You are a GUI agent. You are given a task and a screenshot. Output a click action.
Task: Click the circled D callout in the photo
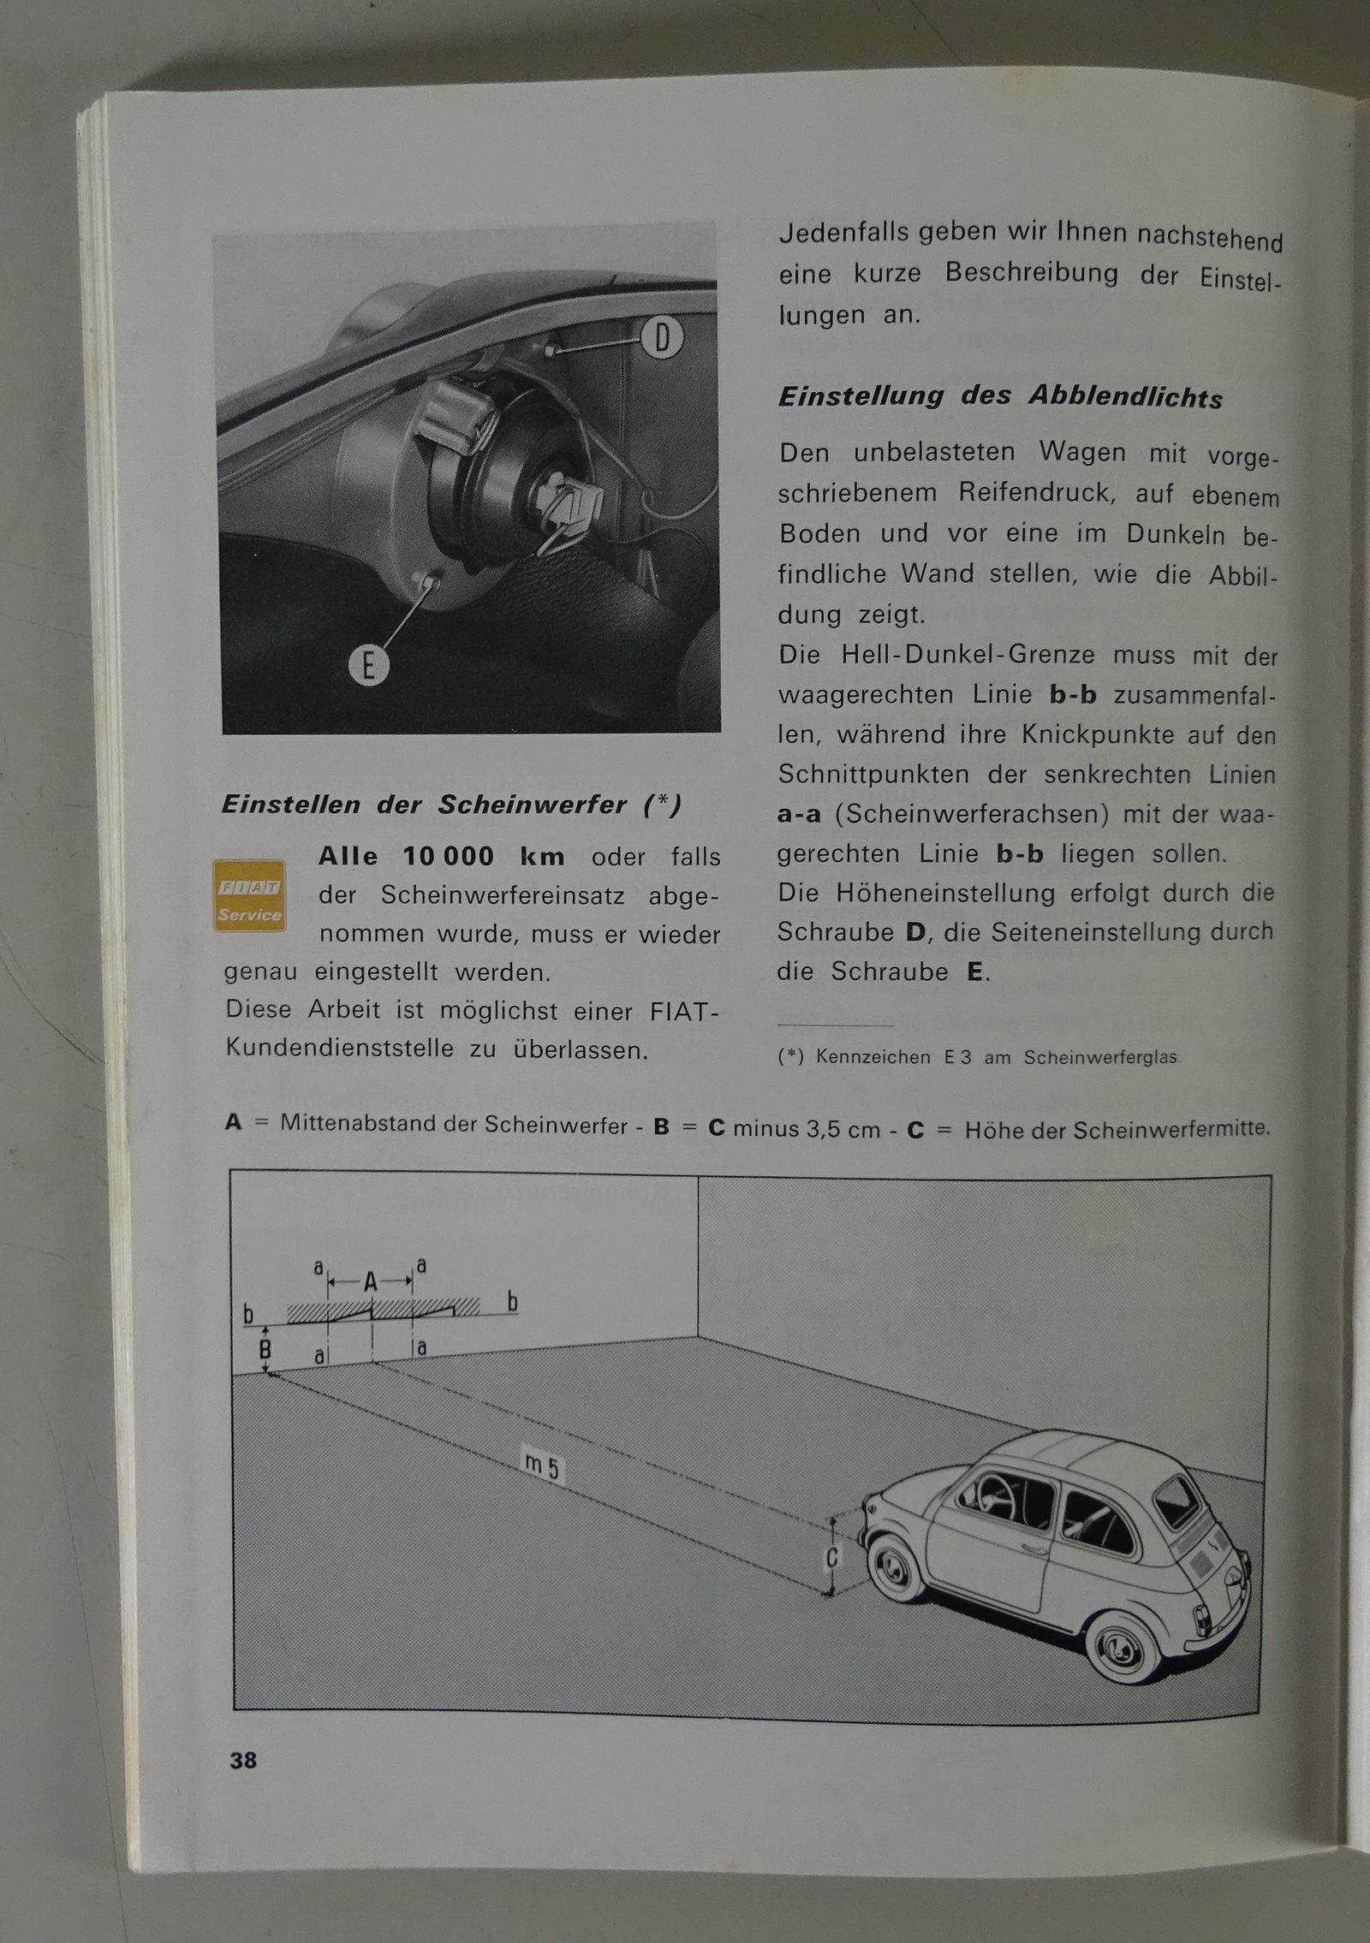tap(662, 338)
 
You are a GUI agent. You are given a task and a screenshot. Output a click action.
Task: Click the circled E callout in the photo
tap(369, 664)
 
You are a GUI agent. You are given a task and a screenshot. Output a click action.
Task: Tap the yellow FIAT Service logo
tap(249, 895)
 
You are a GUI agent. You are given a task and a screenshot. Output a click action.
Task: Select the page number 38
tap(243, 1760)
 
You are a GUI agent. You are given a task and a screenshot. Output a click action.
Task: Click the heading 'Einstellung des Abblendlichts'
tap(1000, 396)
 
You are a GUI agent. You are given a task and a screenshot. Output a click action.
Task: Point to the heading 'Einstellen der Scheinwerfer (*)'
tap(451, 805)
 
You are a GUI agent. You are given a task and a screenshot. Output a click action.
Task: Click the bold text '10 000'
tap(449, 856)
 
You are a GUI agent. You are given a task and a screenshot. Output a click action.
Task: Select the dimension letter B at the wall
tap(265, 1350)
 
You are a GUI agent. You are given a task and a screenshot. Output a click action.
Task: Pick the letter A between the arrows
tap(371, 1281)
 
